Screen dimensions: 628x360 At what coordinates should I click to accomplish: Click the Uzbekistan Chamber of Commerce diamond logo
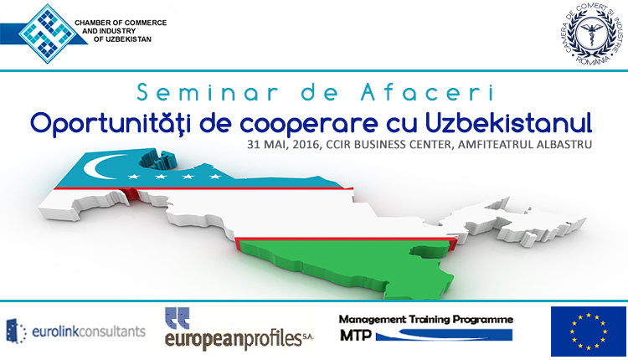[x=48, y=33]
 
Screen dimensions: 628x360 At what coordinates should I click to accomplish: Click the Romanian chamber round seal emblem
[x=592, y=34]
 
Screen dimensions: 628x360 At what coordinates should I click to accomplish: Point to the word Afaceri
[x=427, y=92]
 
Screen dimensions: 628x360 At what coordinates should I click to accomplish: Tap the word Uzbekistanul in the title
[x=508, y=123]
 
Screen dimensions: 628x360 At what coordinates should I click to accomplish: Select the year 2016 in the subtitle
[x=307, y=145]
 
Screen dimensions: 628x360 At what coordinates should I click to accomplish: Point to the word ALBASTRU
[x=564, y=145]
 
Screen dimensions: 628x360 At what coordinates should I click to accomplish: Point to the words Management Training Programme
[x=426, y=320]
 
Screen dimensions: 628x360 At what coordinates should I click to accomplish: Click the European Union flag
[x=589, y=332]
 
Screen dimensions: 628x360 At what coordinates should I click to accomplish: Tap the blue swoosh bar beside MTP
[x=444, y=335]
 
